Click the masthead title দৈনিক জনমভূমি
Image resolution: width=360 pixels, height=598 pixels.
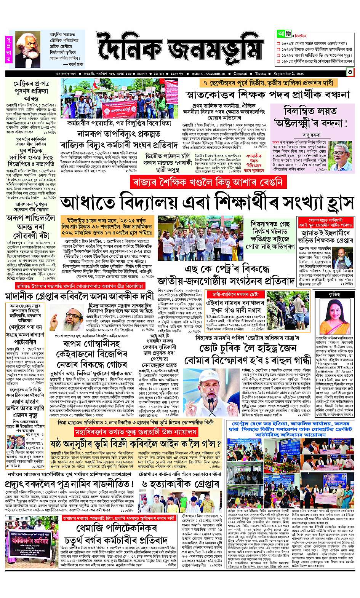(x=179, y=49)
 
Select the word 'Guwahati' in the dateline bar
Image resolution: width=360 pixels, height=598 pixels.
(x=237, y=73)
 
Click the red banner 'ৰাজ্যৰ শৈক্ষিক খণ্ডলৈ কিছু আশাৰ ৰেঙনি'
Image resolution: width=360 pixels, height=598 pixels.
(x=207, y=182)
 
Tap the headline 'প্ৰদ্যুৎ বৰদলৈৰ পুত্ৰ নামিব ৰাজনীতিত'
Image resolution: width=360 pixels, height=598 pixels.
(x=69, y=484)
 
